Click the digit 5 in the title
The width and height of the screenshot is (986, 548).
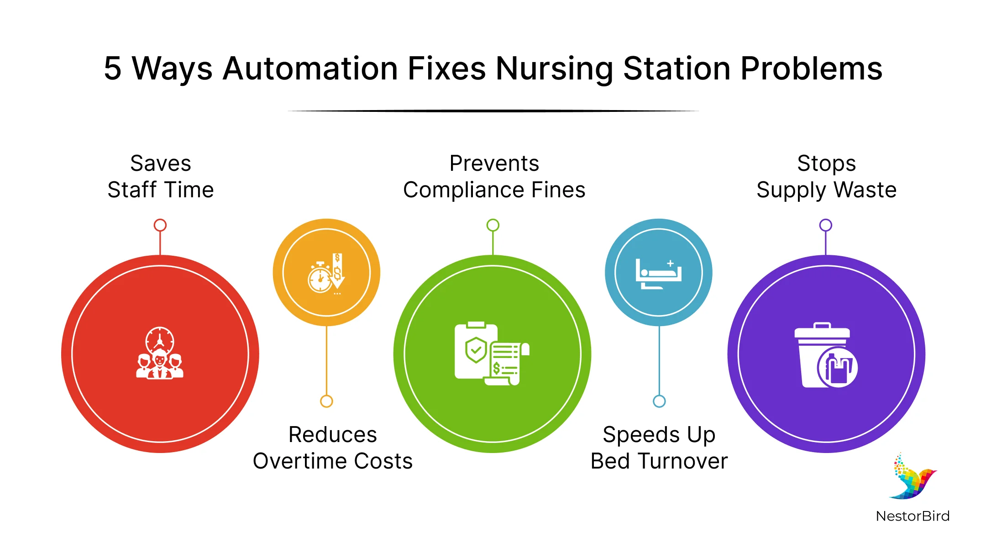point(113,69)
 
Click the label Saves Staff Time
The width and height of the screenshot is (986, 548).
point(161,176)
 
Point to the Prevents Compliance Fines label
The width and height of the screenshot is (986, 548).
point(494,176)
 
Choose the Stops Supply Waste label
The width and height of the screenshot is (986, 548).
point(826,177)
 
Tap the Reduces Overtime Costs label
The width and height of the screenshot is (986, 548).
point(333,448)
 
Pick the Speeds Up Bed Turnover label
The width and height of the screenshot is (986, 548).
point(659,448)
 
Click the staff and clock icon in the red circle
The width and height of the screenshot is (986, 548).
point(160,353)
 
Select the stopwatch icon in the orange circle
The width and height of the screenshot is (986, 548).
point(326,274)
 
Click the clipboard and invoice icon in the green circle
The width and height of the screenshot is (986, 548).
point(492,353)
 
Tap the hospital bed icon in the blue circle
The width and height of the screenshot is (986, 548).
point(658,274)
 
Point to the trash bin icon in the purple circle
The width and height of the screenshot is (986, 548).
point(826,355)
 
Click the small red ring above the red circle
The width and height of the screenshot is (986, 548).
point(160,225)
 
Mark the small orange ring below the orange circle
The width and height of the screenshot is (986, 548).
point(326,401)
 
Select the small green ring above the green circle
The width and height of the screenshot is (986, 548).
point(493,225)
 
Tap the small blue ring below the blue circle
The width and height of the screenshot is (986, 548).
point(659,401)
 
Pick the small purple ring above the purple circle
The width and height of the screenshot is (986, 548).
point(826,225)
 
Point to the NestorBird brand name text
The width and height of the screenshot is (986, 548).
point(913,516)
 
